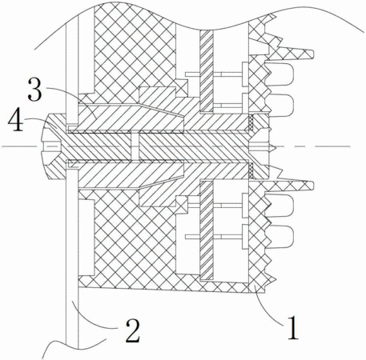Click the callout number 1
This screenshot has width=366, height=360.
[x=292, y=327]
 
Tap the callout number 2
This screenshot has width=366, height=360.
[x=133, y=330]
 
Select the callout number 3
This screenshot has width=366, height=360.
[x=35, y=90]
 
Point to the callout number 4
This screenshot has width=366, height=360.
[x=15, y=121]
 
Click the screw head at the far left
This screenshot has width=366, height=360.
[x=54, y=146]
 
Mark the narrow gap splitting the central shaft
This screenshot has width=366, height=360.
[x=135, y=146]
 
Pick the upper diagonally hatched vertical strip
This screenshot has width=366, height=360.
[x=207, y=71]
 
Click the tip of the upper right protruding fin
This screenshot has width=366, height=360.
[x=312, y=54]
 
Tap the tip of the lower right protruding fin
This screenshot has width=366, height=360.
[x=312, y=186]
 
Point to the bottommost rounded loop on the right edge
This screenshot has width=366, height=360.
[x=280, y=237]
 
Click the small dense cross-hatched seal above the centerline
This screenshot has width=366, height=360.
[x=251, y=122]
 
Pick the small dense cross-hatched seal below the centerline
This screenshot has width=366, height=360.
[x=251, y=170]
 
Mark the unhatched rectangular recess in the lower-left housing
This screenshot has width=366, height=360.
[x=86, y=237]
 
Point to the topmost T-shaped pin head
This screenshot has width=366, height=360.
[x=245, y=74]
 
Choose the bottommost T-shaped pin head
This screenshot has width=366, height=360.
[x=245, y=237]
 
